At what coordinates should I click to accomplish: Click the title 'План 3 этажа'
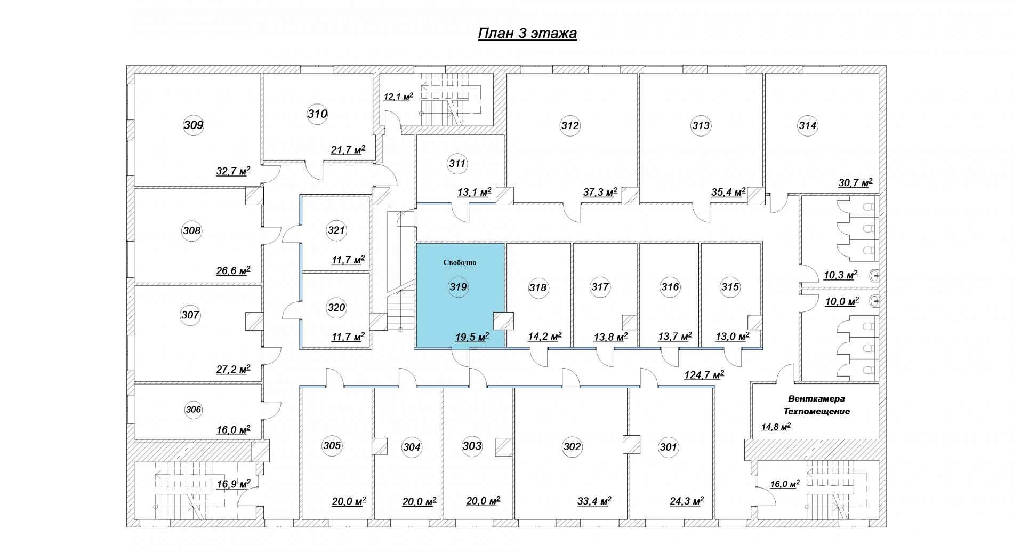tap(527, 34)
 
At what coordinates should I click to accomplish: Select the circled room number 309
tap(194, 125)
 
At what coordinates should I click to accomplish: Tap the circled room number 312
tap(570, 126)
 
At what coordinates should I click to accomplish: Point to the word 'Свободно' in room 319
tap(460, 262)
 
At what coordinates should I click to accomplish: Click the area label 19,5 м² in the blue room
tap(472, 337)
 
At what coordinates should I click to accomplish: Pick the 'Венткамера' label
tap(816, 398)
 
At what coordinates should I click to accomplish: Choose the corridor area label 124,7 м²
tap(704, 375)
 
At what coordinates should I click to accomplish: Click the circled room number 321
tap(336, 230)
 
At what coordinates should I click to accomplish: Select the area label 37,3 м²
tap(600, 192)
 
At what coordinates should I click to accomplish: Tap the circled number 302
tap(572, 446)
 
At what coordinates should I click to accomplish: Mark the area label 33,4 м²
tap(594, 501)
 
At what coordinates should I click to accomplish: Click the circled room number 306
tap(194, 410)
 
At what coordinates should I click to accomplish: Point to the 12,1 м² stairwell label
tap(398, 97)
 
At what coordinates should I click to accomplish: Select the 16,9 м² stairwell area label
tap(234, 484)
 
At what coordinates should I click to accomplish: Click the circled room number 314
tap(808, 126)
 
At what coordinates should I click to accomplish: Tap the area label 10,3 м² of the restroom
tap(840, 275)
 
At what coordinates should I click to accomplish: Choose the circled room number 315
tap(730, 287)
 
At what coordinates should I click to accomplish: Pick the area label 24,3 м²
tap(687, 501)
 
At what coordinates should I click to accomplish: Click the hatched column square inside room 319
tap(503, 321)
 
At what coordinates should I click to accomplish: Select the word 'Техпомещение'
tap(816, 411)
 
